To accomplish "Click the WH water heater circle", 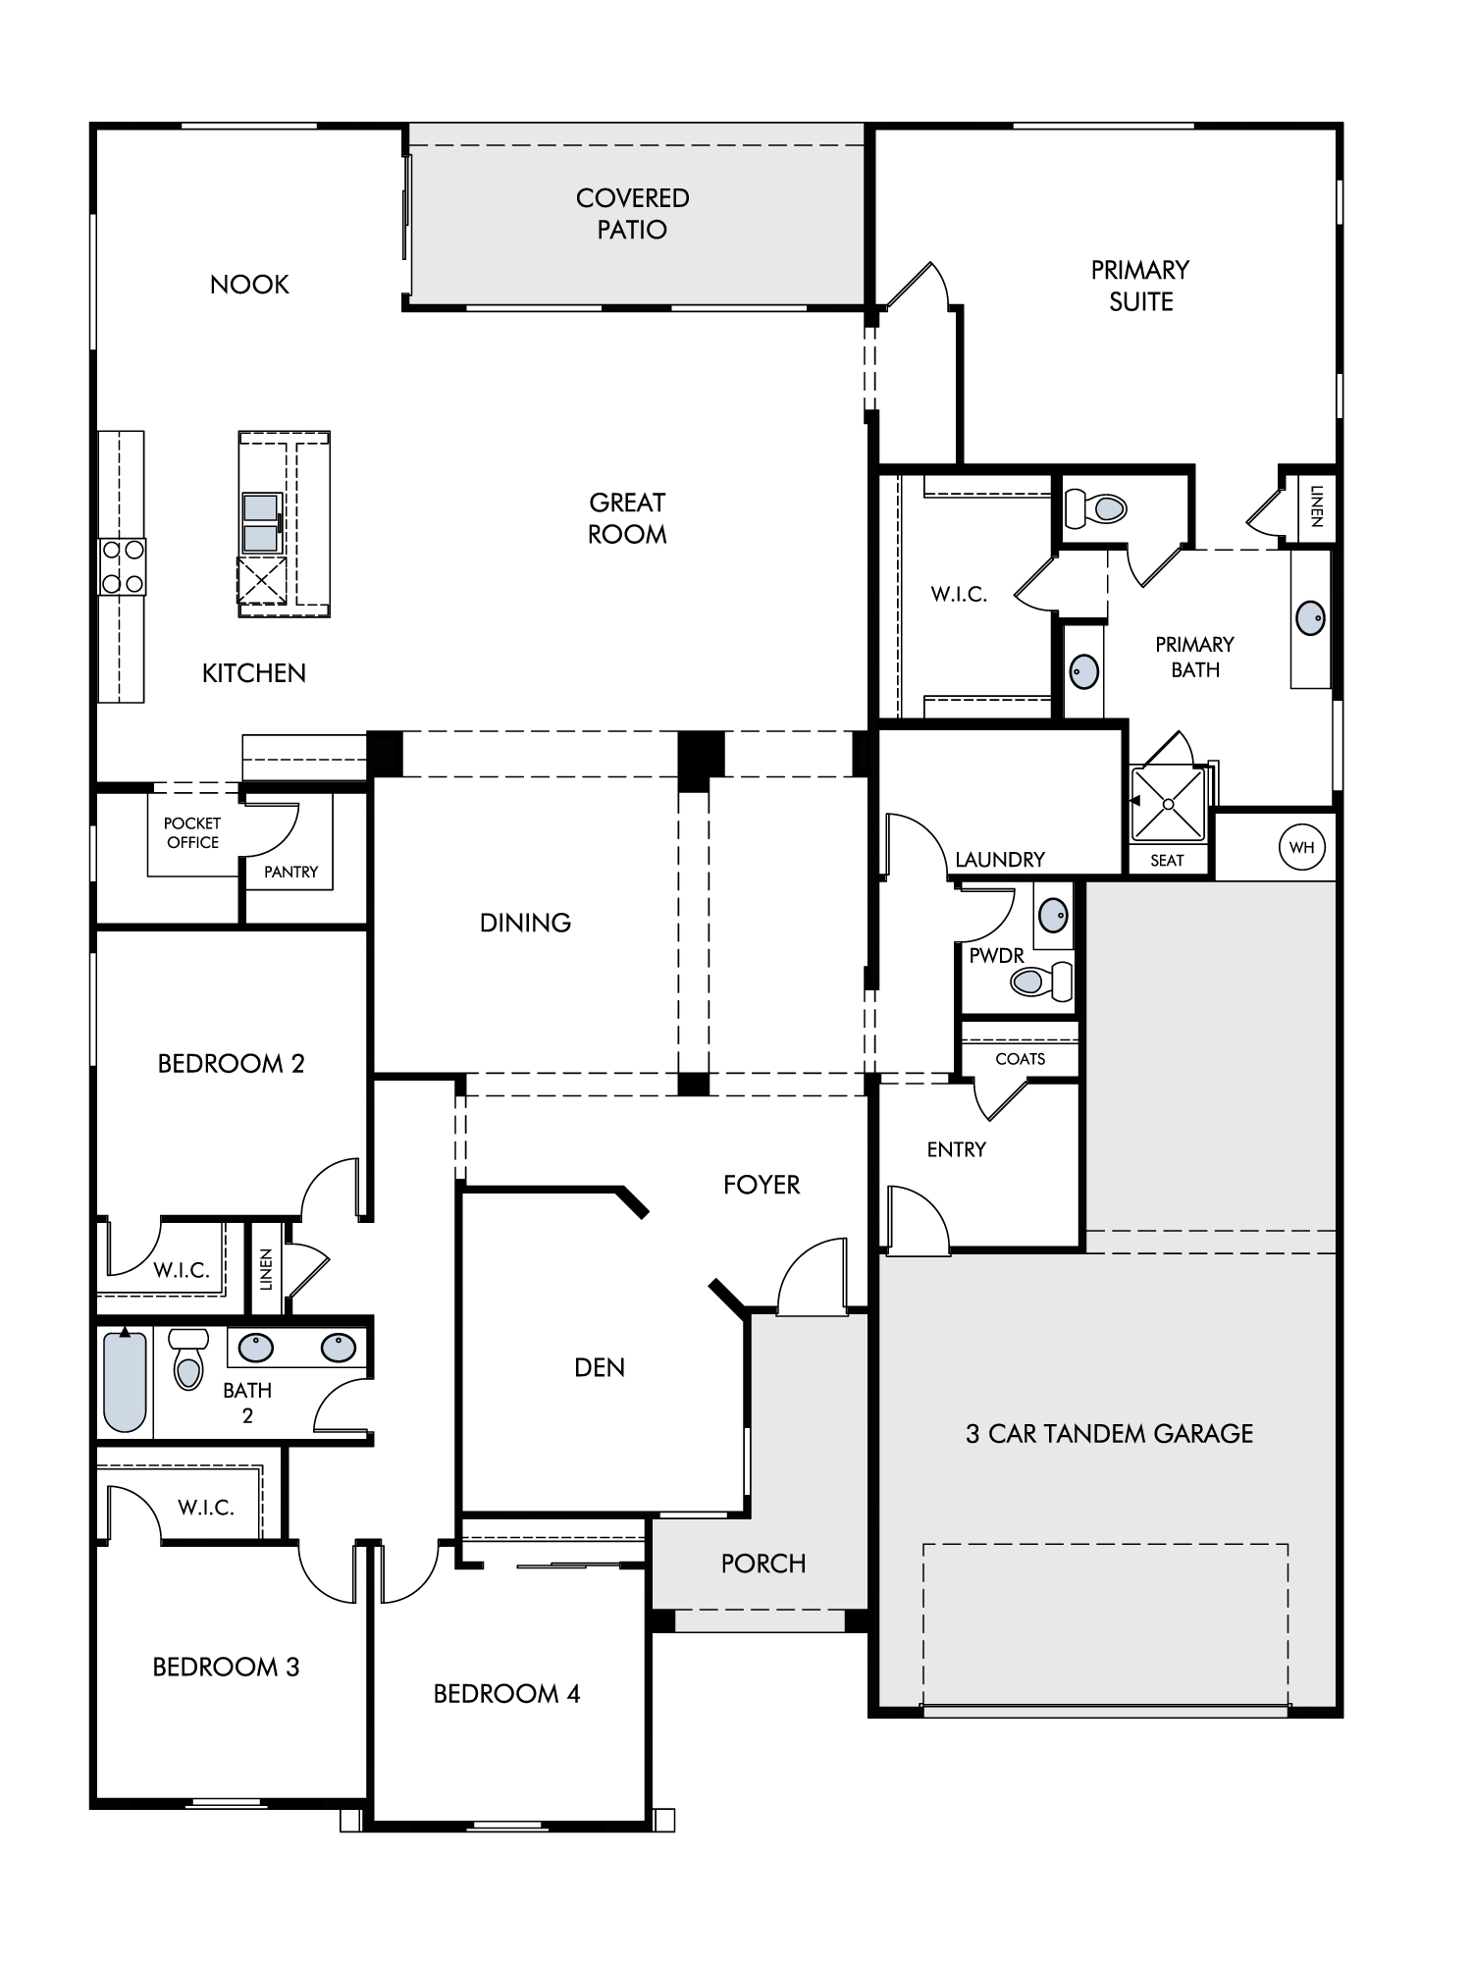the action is (1301, 847).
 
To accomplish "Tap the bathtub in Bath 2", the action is (125, 1381).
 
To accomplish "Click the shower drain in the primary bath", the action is (1168, 804).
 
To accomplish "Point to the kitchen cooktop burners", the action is (123, 567).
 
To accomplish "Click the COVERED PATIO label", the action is (633, 214).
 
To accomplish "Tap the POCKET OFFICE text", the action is (192, 832).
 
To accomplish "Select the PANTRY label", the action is (290, 872).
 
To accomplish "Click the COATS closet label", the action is (1021, 1059).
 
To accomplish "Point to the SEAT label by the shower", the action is (1167, 861).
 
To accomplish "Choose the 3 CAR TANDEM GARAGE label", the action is (1110, 1434).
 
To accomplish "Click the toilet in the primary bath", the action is (1096, 508).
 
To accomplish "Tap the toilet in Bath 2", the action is (188, 1359).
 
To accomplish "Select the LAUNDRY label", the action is (1000, 860).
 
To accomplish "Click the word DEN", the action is (600, 1367).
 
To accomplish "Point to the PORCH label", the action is (763, 1564).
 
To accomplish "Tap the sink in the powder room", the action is (1054, 915).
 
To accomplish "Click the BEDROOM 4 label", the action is (506, 1694).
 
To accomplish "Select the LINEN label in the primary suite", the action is (1316, 506).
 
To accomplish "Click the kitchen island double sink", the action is (261, 522).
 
